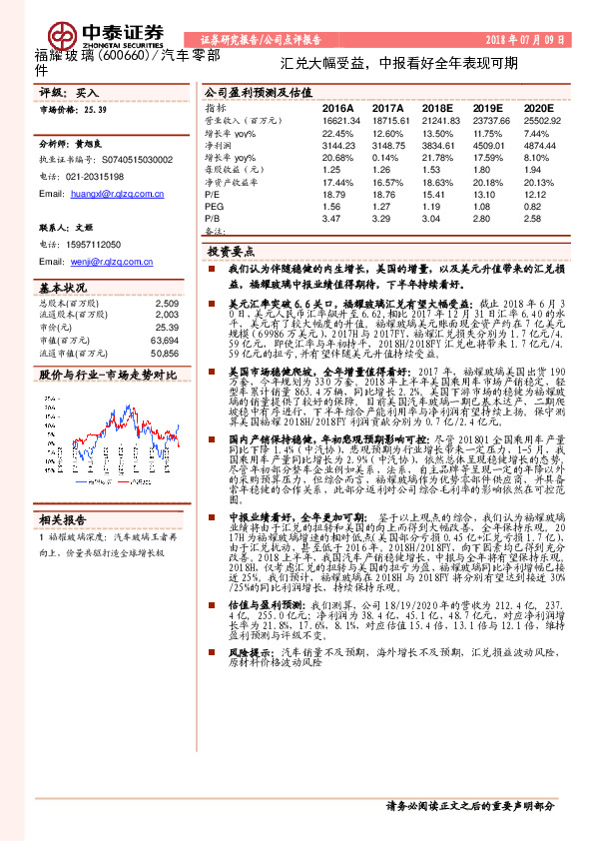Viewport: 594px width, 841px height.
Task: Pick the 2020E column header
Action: pyautogui.click(x=537, y=106)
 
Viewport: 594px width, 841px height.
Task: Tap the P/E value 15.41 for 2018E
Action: pyautogui.click(x=436, y=195)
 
